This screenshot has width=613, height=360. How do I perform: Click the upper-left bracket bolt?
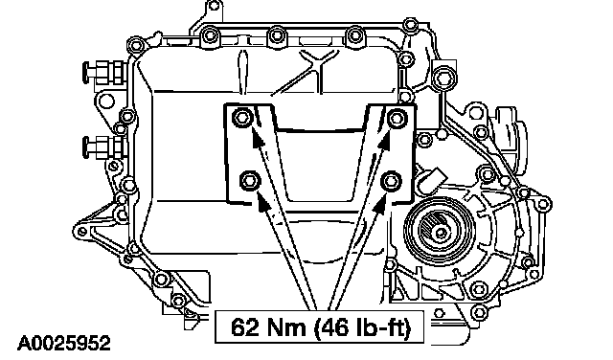click(240, 117)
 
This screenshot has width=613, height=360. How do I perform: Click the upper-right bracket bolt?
click(397, 118)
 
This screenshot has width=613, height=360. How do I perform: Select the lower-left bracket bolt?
click(250, 181)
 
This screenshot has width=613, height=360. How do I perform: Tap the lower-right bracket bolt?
click(391, 181)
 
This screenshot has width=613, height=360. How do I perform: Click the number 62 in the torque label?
click(245, 326)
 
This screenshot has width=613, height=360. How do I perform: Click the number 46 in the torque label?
click(337, 327)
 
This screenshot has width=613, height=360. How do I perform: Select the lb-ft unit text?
click(383, 327)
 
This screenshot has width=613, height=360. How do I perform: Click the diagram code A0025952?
click(64, 344)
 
